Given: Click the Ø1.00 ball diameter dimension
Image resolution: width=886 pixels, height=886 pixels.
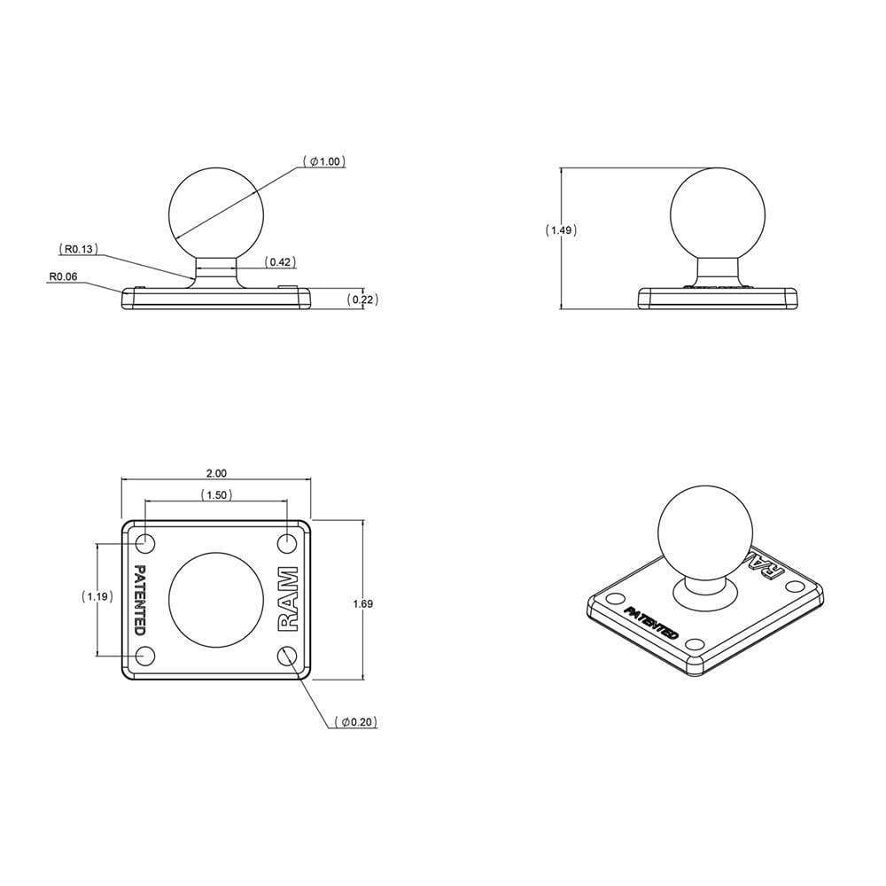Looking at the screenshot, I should (324, 161).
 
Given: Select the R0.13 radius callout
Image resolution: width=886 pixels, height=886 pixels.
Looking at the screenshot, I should (77, 249).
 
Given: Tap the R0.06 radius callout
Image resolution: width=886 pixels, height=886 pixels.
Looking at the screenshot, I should (63, 276).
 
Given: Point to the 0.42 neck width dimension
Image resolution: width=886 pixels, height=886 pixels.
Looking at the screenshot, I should (281, 261).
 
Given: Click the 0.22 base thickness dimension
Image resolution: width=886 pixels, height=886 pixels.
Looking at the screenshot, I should (362, 299).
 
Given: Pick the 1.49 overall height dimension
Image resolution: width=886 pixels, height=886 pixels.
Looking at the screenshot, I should (561, 230).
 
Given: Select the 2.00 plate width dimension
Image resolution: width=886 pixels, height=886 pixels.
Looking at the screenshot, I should (216, 473).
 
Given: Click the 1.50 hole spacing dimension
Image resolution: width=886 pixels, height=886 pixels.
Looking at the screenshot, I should (216, 494).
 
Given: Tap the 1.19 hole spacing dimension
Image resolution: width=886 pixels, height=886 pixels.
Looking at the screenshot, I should (97, 597).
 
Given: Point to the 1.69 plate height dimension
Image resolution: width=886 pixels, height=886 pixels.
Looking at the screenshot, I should (362, 604).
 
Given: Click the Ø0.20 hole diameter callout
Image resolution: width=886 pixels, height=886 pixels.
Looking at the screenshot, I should (359, 722).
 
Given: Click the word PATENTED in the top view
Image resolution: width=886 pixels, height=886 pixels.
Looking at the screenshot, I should (139, 599).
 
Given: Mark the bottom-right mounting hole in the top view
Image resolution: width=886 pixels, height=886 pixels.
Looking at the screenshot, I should (286, 656).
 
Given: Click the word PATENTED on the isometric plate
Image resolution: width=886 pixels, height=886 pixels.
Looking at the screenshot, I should (651, 624).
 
